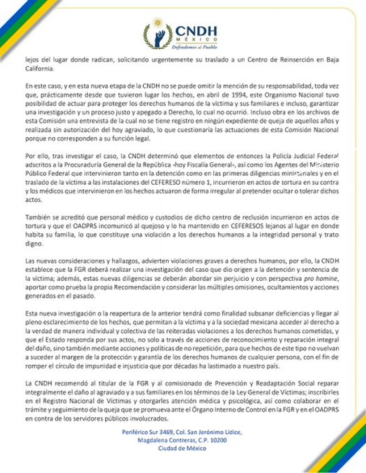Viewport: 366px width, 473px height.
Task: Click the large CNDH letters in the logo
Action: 196,31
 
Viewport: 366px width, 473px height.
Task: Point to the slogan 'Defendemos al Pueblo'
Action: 194,47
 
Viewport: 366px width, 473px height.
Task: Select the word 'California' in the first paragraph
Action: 39,69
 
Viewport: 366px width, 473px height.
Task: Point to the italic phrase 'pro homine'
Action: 321,278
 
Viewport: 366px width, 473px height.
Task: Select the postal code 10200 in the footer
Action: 218,440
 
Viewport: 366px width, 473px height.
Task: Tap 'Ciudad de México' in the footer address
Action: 182,448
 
